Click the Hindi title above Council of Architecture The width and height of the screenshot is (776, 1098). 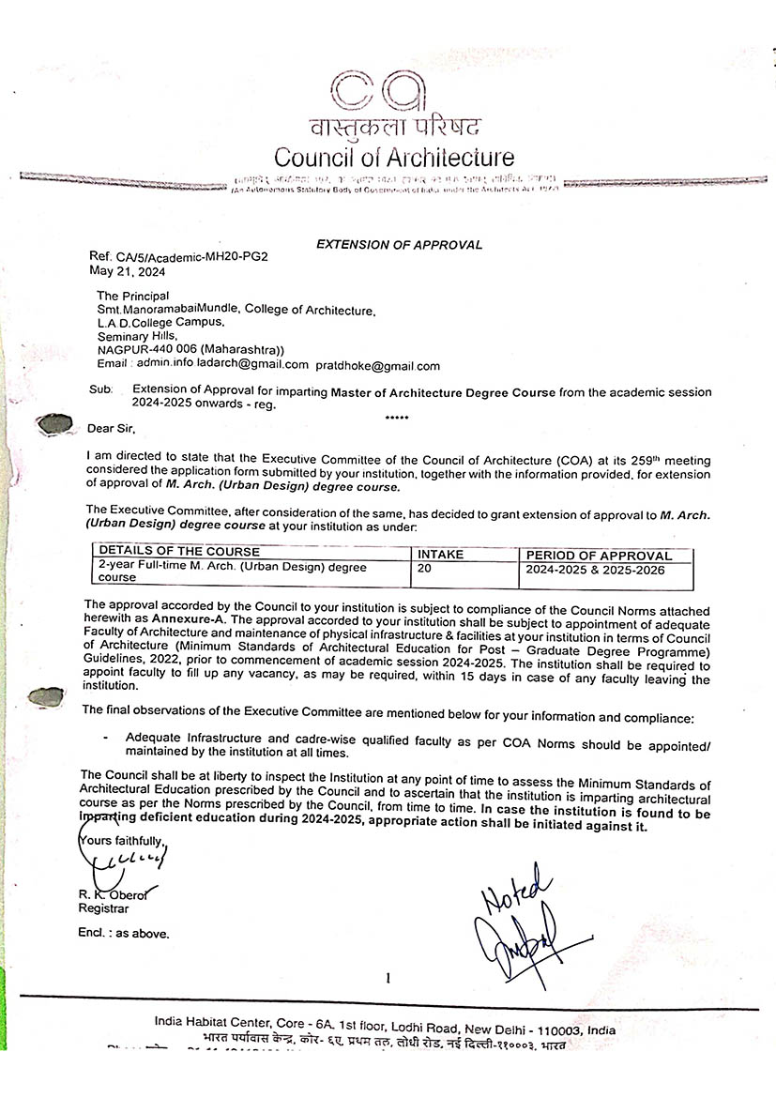coord(393,128)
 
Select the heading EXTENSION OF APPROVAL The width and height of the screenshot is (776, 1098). coord(399,245)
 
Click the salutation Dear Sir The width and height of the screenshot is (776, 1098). coord(111,429)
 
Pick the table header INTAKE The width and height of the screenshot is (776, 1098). coord(440,555)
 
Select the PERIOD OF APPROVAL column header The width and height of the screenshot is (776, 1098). coord(599,556)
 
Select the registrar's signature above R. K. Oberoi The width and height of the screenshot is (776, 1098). coord(137,860)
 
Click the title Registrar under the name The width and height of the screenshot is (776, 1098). coord(103,908)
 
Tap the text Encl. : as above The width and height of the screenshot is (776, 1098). coord(123,934)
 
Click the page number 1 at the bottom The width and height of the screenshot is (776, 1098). coord(387,979)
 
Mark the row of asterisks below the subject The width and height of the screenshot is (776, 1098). coord(397,415)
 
